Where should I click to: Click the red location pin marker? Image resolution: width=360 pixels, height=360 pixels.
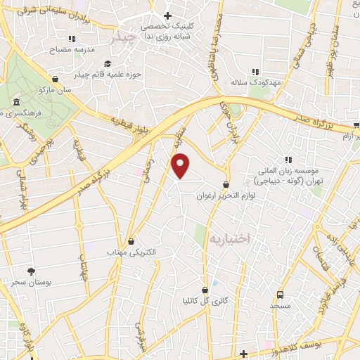[181, 165]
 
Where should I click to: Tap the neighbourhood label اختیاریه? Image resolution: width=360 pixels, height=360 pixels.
[229, 240]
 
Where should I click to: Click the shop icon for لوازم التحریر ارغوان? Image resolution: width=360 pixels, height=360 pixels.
[225, 185]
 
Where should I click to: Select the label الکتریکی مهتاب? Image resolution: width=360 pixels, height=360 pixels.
[131, 251]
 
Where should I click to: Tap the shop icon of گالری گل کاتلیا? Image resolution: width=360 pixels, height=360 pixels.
[205, 290]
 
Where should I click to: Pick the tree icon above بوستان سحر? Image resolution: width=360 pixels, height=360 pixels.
[30, 271]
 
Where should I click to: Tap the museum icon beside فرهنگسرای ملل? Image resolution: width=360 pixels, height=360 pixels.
[16, 105]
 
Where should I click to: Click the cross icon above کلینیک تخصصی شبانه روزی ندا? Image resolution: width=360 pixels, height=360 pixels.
[167, 15]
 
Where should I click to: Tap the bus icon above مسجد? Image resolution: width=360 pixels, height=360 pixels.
[281, 295]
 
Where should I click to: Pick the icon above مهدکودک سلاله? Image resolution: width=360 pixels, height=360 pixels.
[256, 71]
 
